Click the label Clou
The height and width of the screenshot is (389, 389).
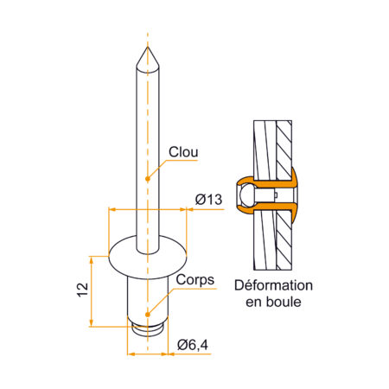coord(183,152)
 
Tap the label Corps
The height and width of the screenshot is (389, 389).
coord(195,280)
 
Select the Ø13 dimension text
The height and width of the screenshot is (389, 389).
coord(208,200)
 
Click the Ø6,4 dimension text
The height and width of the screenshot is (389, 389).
coord(193,345)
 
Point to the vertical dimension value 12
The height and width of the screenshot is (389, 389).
coord(82,290)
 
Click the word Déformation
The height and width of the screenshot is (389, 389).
coord(273,285)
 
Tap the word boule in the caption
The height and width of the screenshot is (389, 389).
coord(284,302)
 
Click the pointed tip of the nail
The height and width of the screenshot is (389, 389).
coord(148,47)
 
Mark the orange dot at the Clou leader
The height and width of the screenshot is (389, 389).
coord(148,179)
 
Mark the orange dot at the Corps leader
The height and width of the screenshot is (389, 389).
coord(148,315)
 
